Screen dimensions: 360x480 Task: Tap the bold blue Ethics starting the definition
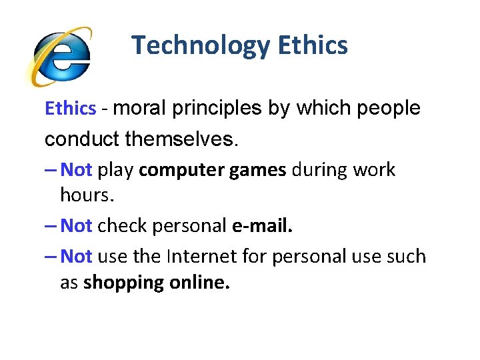[x=71, y=109]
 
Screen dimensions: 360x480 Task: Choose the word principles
[x=217, y=109]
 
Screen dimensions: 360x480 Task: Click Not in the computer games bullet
[x=76, y=170]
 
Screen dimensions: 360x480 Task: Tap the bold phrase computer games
[x=213, y=171]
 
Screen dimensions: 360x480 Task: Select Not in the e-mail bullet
[x=76, y=226]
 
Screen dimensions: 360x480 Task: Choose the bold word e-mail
[x=262, y=226]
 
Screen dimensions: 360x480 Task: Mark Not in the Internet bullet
[x=76, y=257]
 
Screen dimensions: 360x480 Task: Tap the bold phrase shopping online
[x=157, y=283]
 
